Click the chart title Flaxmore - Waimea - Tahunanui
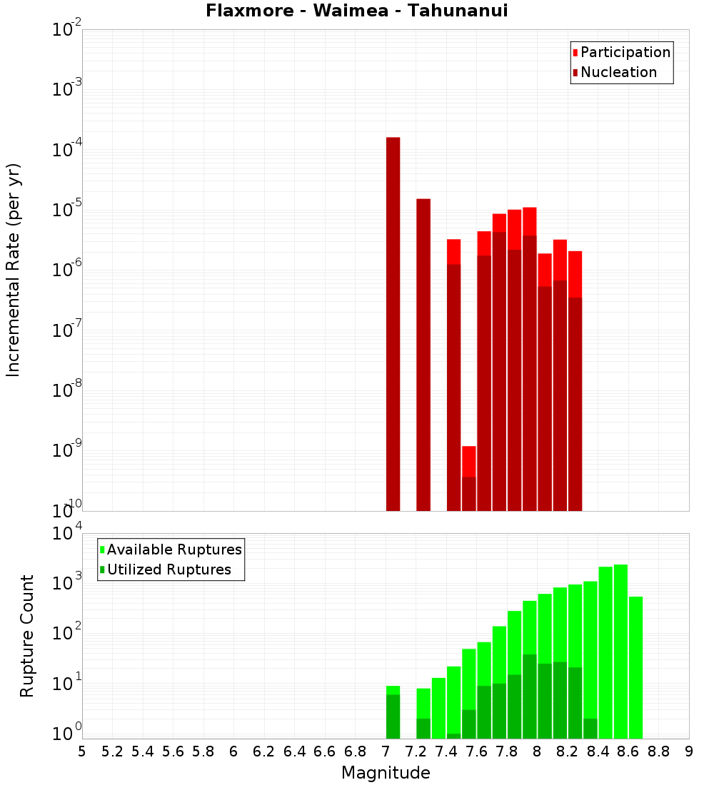click(x=357, y=11)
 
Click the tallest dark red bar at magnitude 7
click(x=393, y=321)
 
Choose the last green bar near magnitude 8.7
click(x=635, y=667)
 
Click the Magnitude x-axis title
click(x=386, y=773)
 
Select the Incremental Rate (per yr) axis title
click(x=13, y=270)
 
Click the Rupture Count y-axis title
click(x=27, y=635)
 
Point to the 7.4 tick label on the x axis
click(x=446, y=751)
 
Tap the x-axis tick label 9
click(x=689, y=751)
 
